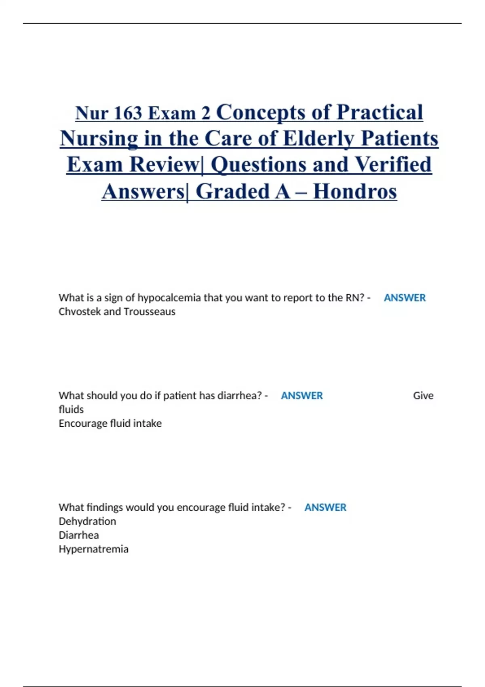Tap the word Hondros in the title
(355, 192)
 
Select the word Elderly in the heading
(319, 139)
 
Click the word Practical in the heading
(380, 112)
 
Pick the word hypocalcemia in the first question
(169, 298)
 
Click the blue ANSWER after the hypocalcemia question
(405, 298)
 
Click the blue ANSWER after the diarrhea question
(302, 396)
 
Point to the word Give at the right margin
(423, 396)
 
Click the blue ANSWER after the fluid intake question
(325, 508)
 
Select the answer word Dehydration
(87, 521)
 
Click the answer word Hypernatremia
(93, 549)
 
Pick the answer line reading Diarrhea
(79, 535)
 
